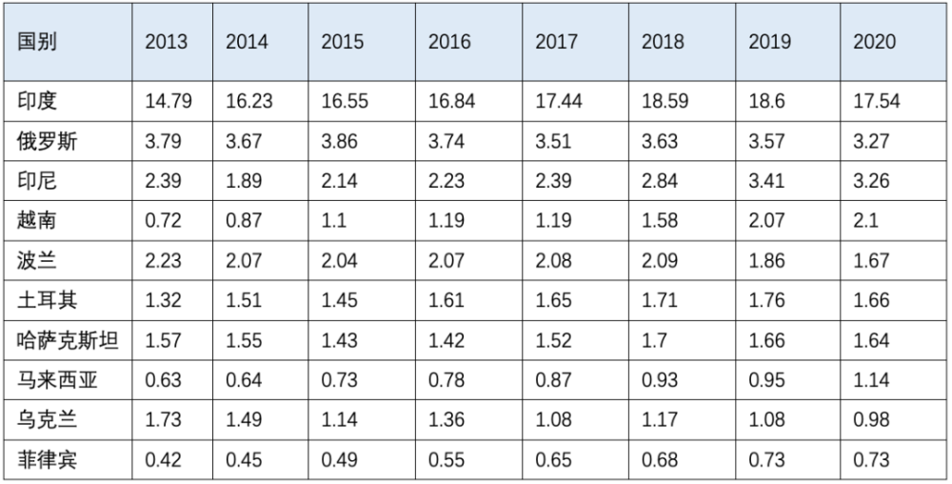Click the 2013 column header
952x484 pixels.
tap(166, 42)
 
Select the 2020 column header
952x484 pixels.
tap(874, 42)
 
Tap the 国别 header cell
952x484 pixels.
tap(37, 42)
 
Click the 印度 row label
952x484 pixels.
tap(37, 101)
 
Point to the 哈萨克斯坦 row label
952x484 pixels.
tap(68, 340)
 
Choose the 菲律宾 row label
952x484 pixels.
tap(48, 460)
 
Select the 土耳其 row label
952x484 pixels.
tap(48, 300)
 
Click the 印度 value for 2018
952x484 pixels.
tap(665, 101)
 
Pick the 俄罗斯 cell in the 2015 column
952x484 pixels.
tap(340, 141)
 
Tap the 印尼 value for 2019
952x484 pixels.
tap(766, 180)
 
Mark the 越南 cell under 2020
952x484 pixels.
tap(865, 220)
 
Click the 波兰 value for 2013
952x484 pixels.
tap(163, 260)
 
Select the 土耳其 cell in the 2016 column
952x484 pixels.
tap(446, 300)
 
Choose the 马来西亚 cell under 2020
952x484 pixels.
tap(871, 380)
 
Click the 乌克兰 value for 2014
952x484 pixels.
tap(244, 419)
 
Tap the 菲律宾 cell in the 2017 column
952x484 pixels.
tap(553, 460)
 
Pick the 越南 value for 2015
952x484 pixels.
tap(333, 220)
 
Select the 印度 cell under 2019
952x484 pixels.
tap(766, 101)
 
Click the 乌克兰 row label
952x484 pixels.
tap(48, 419)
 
